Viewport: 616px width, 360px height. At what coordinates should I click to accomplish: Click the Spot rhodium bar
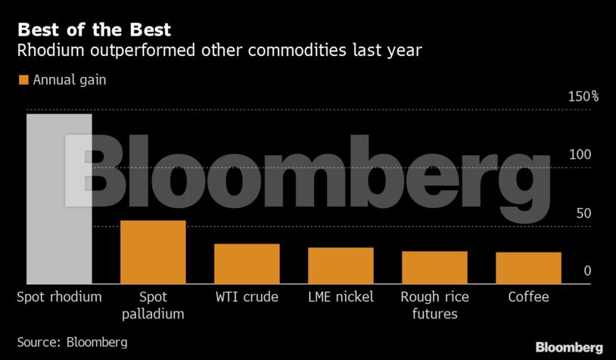(x=59, y=198)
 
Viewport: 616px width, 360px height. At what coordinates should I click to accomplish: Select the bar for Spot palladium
(x=153, y=252)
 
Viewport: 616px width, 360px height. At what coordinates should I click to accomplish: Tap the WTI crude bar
(x=247, y=263)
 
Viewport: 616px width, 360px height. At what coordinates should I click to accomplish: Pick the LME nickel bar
(x=341, y=265)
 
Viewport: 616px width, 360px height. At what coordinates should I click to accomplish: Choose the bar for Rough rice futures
(x=434, y=267)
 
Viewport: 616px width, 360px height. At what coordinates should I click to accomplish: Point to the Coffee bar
(x=528, y=268)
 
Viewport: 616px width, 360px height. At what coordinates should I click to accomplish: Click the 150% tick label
(x=583, y=97)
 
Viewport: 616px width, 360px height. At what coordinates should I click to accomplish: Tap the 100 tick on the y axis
(x=580, y=155)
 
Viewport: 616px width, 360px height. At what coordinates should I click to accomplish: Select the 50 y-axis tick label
(x=583, y=213)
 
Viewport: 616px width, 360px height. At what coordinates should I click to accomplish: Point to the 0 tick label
(x=586, y=272)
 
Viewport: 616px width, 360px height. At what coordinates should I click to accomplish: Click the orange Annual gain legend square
(x=23, y=80)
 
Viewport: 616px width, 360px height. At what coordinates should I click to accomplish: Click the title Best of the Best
(x=94, y=31)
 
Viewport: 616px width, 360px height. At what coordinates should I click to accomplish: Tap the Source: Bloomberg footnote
(x=72, y=342)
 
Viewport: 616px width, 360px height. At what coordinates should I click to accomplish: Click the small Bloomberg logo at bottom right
(x=569, y=347)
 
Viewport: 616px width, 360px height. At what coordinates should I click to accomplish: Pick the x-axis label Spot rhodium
(x=59, y=297)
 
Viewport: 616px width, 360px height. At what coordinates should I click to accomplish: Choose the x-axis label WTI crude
(x=247, y=297)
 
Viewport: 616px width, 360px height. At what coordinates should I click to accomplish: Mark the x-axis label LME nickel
(x=341, y=297)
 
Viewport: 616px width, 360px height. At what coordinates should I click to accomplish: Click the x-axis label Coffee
(x=528, y=297)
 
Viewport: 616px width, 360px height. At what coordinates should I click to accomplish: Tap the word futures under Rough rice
(x=434, y=314)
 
